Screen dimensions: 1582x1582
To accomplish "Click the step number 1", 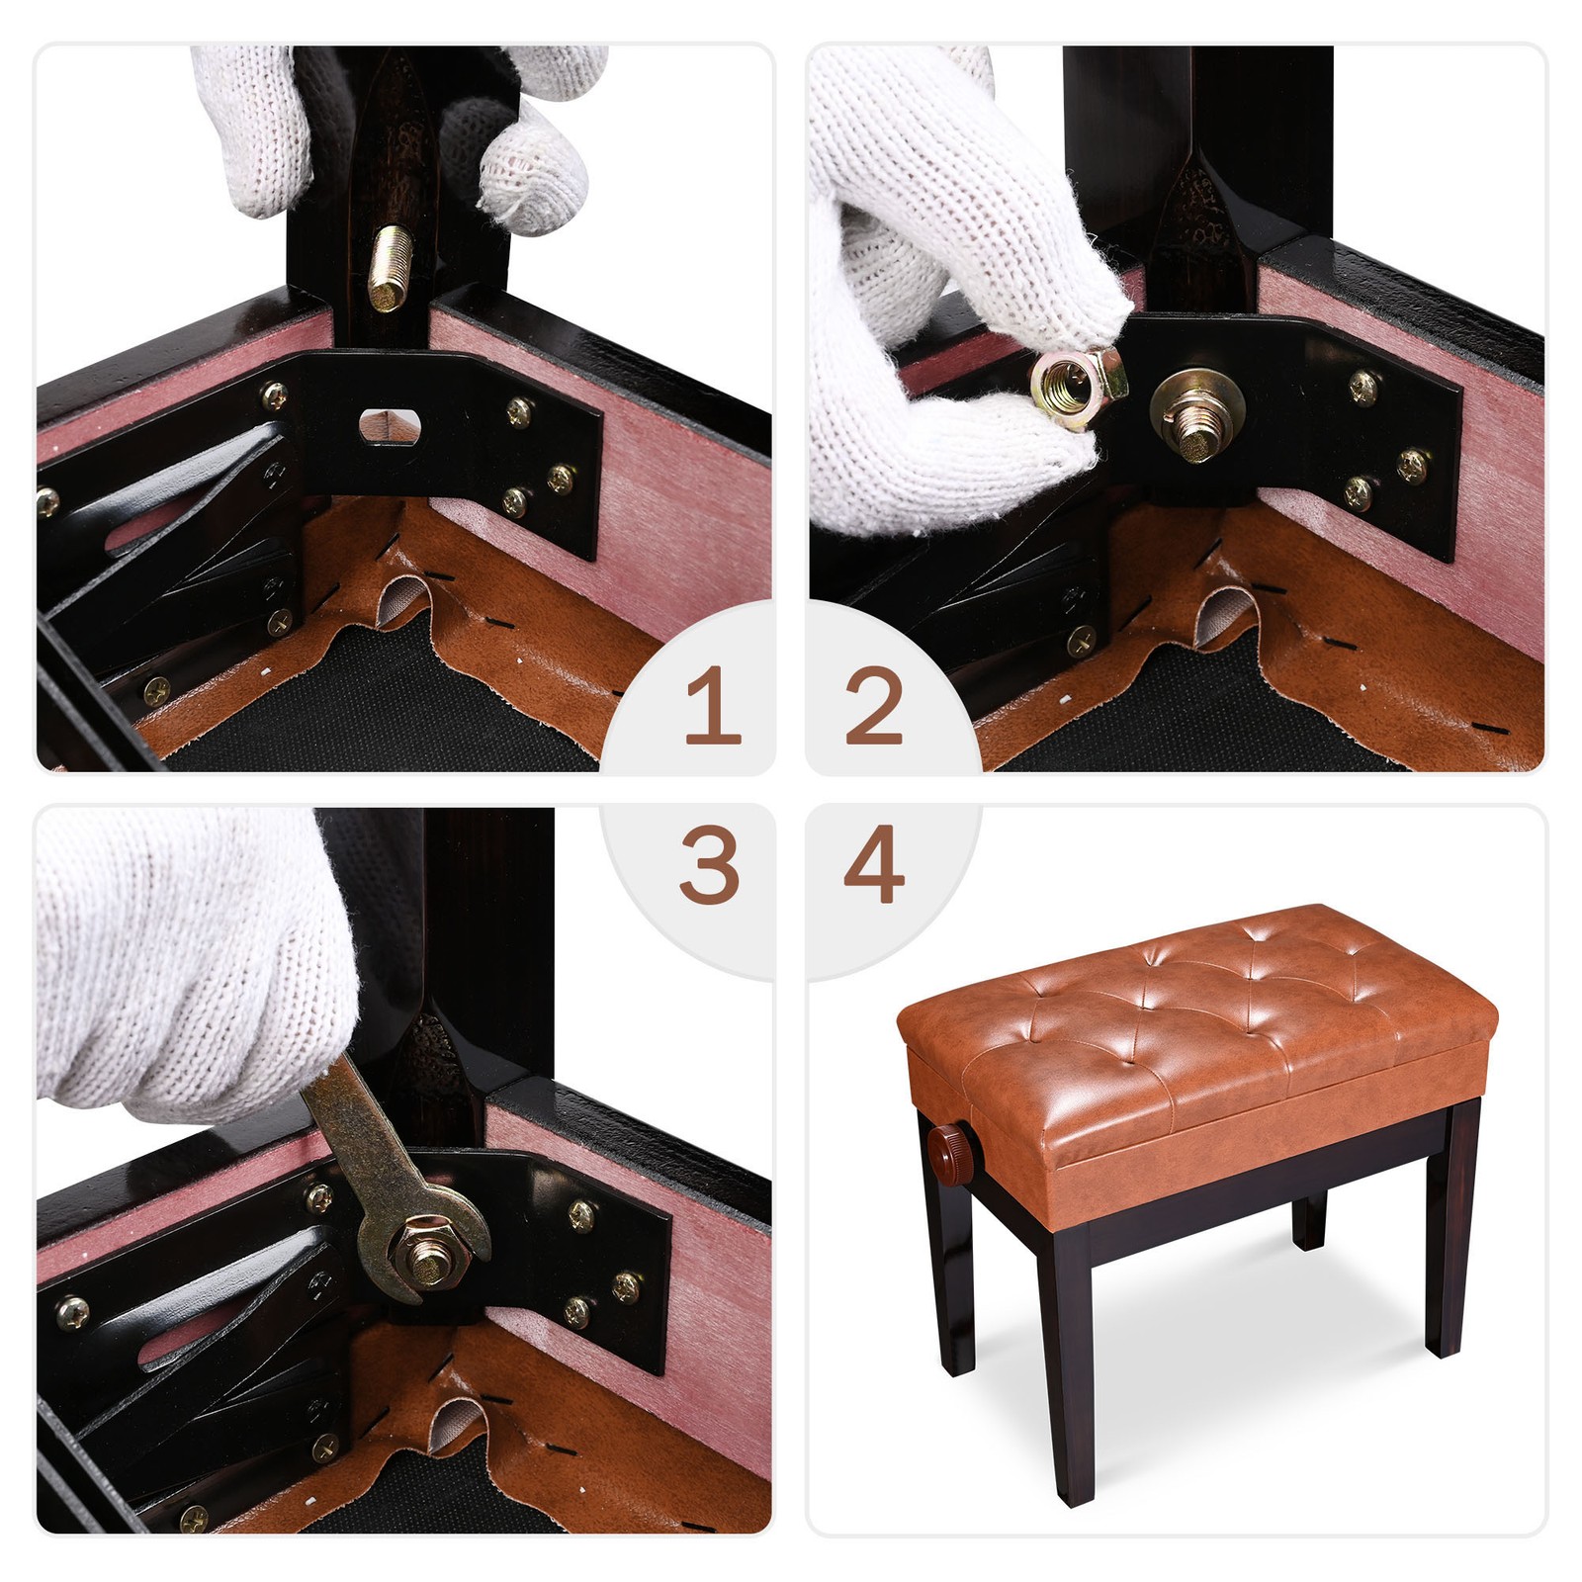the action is point(713,705).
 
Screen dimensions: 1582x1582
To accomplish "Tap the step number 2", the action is point(874,705).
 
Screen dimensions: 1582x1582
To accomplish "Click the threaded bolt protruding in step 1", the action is point(388,268).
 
